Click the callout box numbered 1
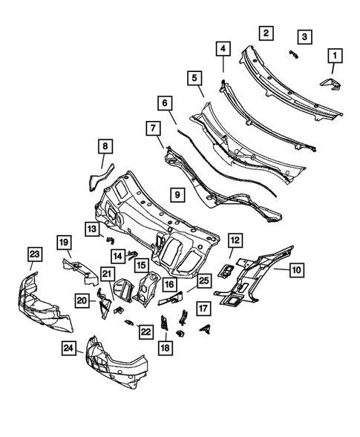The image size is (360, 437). click(x=335, y=56)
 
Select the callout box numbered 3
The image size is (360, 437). click(x=304, y=36)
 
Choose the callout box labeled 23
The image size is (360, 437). click(x=33, y=254)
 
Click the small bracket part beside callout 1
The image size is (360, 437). click(x=330, y=84)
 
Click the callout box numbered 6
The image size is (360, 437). click(x=165, y=102)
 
